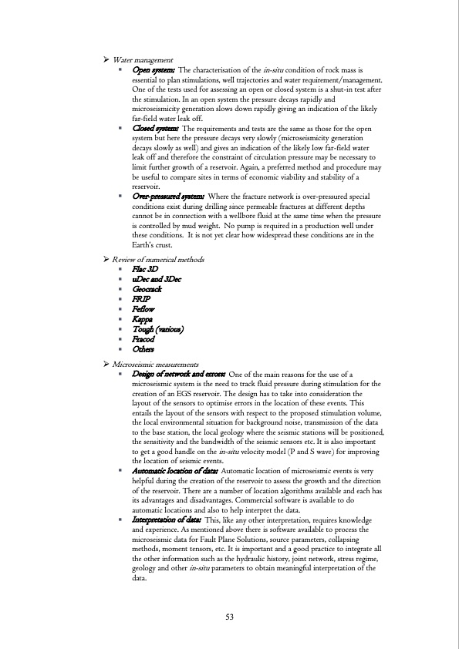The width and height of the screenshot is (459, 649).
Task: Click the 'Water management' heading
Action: pyautogui.click(x=143, y=60)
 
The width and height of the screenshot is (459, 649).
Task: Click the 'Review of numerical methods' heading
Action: pyautogui.click(x=159, y=259)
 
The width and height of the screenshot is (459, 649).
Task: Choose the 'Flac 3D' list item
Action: pyautogui.click(x=146, y=270)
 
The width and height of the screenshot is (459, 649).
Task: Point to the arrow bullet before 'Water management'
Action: pyautogui.click(x=107, y=60)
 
